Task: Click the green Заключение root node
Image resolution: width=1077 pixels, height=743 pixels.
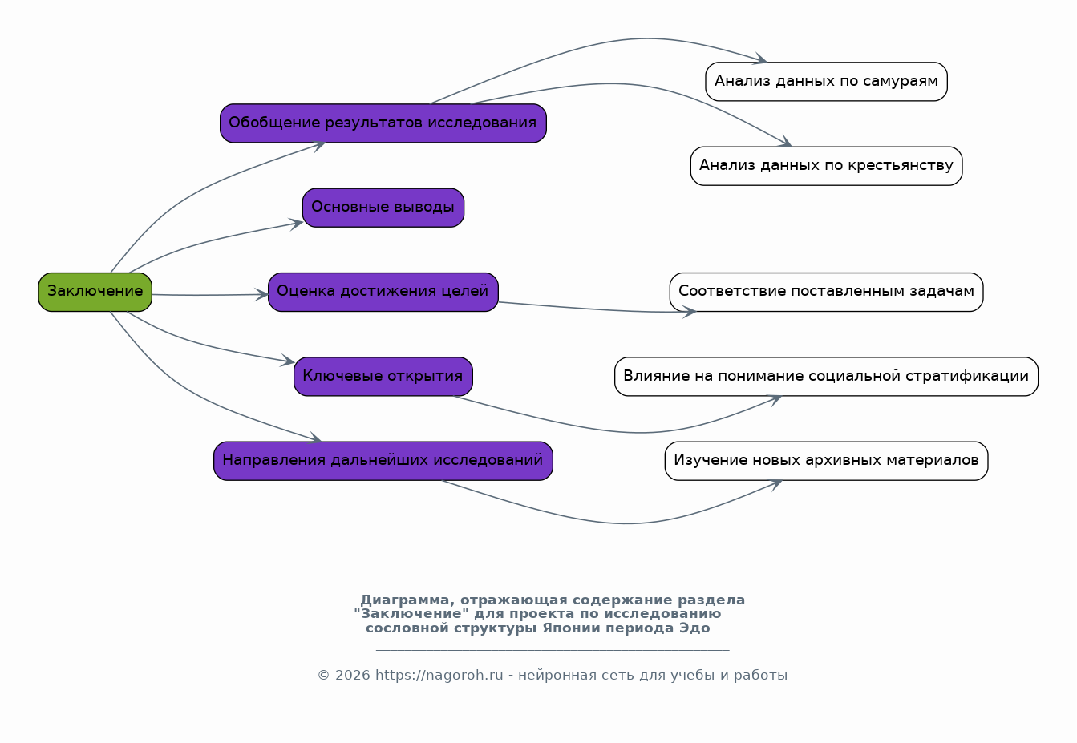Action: coord(95,293)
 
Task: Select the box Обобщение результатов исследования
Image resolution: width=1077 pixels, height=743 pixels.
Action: coord(383,123)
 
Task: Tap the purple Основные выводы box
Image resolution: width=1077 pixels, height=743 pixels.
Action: coord(383,208)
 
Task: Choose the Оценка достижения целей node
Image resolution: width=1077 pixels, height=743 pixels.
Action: coord(383,293)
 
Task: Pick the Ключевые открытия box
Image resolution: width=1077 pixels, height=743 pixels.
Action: coord(383,376)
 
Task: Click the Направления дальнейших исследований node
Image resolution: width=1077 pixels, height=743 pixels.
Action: coord(383,461)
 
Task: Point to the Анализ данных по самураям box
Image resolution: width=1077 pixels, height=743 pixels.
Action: coord(827,82)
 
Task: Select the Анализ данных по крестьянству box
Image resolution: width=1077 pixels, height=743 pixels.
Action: coord(827,166)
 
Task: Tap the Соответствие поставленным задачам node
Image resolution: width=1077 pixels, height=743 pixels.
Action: coord(827,293)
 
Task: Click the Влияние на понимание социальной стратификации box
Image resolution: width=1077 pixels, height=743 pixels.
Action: coord(827,376)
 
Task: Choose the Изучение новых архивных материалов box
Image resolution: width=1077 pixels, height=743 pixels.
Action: coord(827,461)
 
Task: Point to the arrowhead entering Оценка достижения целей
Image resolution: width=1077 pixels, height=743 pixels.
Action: coord(262,295)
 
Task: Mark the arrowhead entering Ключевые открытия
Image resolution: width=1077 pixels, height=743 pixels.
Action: coord(289,361)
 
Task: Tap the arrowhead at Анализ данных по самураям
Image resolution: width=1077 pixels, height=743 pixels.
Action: coord(760,59)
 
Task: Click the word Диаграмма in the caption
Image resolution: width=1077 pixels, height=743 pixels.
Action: coord(405,600)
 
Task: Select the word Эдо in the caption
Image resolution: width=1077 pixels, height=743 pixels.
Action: coord(694,628)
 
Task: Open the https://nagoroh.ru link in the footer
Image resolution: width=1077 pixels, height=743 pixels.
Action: coord(439,675)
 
